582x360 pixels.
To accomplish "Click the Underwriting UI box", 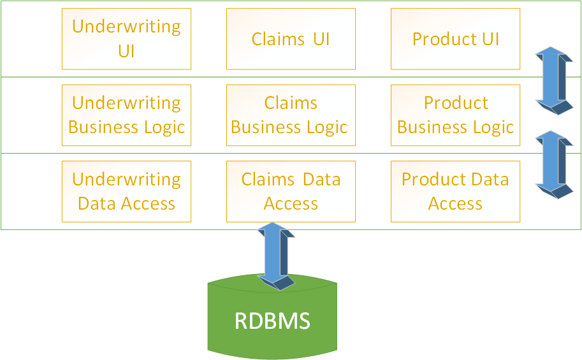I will tap(126, 39).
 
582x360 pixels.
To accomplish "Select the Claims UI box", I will tap(291, 39).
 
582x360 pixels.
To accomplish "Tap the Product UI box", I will tap(455, 39).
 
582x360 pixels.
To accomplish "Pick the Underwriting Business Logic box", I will tap(126, 115).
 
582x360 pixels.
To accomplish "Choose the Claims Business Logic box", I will tap(291, 115).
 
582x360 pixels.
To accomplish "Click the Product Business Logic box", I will tap(455, 115).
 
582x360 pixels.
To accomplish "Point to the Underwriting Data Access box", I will tap(126, 192).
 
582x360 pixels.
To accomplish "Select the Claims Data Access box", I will tap(291, 192).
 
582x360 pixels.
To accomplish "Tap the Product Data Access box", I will tap(455, 192).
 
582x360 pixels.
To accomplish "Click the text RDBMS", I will tap(272, 320).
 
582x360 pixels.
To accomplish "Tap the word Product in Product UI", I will tap(437, 40).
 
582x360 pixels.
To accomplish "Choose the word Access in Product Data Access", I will tap(455, 204).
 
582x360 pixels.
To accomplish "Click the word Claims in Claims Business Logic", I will tap(291, 103).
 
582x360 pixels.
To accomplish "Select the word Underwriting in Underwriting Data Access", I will tap(126, 180).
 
